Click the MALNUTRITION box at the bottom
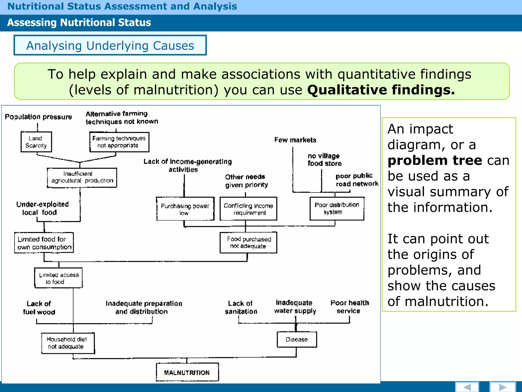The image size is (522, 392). [187, 372]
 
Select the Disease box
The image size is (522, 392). [297, 339]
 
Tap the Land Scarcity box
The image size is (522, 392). [36, 142]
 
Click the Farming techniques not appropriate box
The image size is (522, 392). [119, 142]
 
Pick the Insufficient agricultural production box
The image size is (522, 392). [82, 178]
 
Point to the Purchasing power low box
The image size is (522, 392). [185, 209]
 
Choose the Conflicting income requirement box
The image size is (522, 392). [248, 209]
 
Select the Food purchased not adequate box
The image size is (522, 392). [248, 242]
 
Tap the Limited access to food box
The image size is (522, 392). [58, 278]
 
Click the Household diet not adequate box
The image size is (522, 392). [68, 343]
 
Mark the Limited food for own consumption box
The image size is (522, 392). [44, 243]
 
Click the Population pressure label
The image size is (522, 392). [38, 117]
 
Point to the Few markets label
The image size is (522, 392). [295, 140]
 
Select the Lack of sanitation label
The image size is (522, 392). [241, 307]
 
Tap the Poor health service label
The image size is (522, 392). [349, 307]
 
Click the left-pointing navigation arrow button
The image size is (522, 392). [467, 387]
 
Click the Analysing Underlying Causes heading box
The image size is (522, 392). [110, 45]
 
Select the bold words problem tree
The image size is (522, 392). [435, 161]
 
